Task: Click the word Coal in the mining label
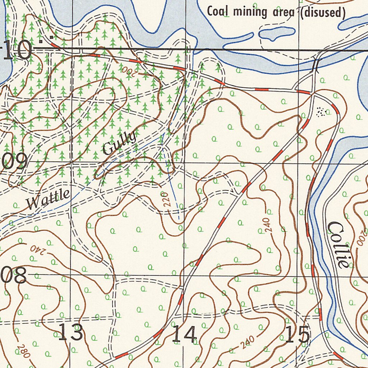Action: [x=218, y=11]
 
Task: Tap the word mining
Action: [x=250, y=12]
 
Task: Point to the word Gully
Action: [x=120, y=143]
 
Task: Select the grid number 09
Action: [x=15, y=162]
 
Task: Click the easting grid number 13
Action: [x=71, y=332]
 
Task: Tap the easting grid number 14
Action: [x=184, y=334]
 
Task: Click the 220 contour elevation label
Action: [x=166, y=200]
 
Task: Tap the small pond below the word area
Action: [x=277, y=33]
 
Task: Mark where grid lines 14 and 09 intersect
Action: [x=184, y=162]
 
